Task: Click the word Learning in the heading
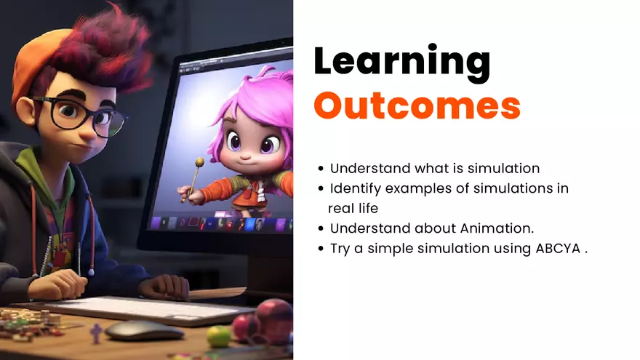pyautogui.click(x=402, y=62)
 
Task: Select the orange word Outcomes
pyautogui.click(x=417, y=106)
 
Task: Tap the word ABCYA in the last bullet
pyautogui.click(x=558, y=248)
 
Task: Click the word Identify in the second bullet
pyautogui.click(x=356, y=188)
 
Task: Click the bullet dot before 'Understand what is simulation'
pyautogui.click(x=321, y=169)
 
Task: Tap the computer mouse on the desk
pyautogui.click(x=143, y=331)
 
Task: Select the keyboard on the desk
pyautogui.click(x=145, y=309)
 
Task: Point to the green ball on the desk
pyautogui.click(x=217, y=335)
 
